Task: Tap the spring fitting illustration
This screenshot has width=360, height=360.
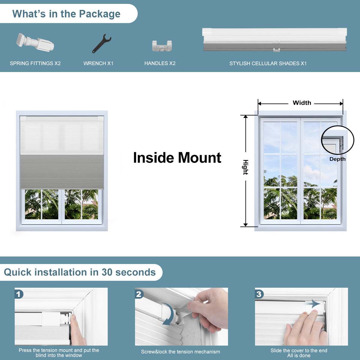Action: click(x=35, y=42)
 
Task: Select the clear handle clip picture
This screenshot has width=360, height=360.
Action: click(x=162, y=46)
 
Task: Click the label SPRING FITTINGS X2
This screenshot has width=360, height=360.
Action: click(x=35, y=63)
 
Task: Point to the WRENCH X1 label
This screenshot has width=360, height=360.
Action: click(x=98, y=63)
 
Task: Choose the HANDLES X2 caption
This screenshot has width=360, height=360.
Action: click(x=160, y=63)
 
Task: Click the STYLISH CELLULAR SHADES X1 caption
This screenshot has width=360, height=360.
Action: click(x=268, y=64)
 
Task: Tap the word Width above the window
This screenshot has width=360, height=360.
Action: click(x=302, y=103)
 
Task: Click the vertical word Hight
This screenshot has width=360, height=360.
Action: click(x=245, y=167)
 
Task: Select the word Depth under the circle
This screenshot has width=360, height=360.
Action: click(x=337, y=159)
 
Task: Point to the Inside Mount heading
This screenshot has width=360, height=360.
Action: click(x=177, y=158)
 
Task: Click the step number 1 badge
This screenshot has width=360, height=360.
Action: click(x=19, y=295)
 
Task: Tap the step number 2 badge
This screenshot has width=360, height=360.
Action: click(x=139, y=295)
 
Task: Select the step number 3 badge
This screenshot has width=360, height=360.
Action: click(x=259, y=295)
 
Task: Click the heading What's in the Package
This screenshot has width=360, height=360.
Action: click(x=66, y=14)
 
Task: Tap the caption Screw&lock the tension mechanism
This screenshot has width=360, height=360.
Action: click(x=181, y=352)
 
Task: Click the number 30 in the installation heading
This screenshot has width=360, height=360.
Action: click(x=107, y=272)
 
